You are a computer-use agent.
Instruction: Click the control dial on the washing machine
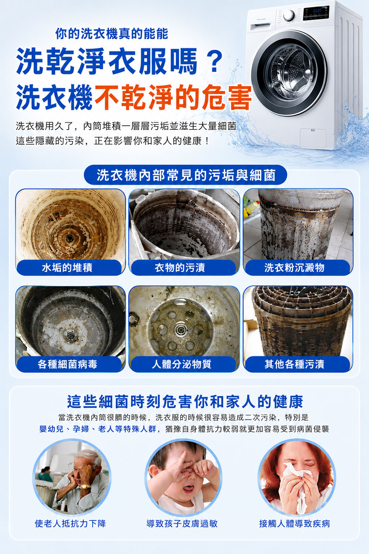[x=289, y=16]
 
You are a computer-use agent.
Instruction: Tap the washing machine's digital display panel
[x=316, y=13]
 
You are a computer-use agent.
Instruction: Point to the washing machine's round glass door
[x=289, y=73]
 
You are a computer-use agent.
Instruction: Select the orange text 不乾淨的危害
[x=172, y=97]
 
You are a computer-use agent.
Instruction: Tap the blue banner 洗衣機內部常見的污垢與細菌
[x=185, y=175]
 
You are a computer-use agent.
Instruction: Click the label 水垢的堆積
[x=67, y=268]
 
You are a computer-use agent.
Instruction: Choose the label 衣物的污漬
[x=180, y=268]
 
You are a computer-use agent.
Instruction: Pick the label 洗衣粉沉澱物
[x=294, y=268]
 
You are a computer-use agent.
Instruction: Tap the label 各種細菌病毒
[x=68, y=364]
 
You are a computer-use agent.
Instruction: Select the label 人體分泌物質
[x=182, y=364]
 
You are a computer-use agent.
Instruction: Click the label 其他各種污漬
[x=294, y=364]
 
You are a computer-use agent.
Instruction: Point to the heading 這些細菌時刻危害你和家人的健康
[x=185, y=402]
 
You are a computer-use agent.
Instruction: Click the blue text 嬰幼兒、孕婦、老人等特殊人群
[x=98, y=428]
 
